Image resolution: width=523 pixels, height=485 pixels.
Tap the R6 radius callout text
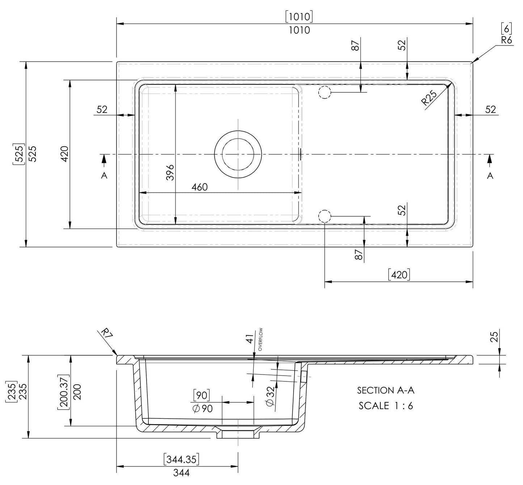(507, 40)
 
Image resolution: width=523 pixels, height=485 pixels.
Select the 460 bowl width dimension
(200, 187)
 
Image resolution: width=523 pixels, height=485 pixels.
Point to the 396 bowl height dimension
(171, 172)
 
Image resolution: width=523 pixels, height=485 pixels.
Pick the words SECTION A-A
(385, 390)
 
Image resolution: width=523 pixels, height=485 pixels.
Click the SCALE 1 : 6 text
(385, 406)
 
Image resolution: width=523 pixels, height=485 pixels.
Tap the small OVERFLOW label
(261, 339)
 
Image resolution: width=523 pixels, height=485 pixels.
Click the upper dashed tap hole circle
(324, 93)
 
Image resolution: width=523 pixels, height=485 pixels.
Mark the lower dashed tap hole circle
(324, 216)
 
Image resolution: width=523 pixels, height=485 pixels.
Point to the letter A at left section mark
(104, 176)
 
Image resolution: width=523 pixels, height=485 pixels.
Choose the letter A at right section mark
(490, 176)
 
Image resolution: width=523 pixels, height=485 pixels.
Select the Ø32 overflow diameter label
(270, 397)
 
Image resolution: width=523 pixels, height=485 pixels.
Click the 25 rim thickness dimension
(495, 336)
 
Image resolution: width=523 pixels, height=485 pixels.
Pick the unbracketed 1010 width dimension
(299, 30)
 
